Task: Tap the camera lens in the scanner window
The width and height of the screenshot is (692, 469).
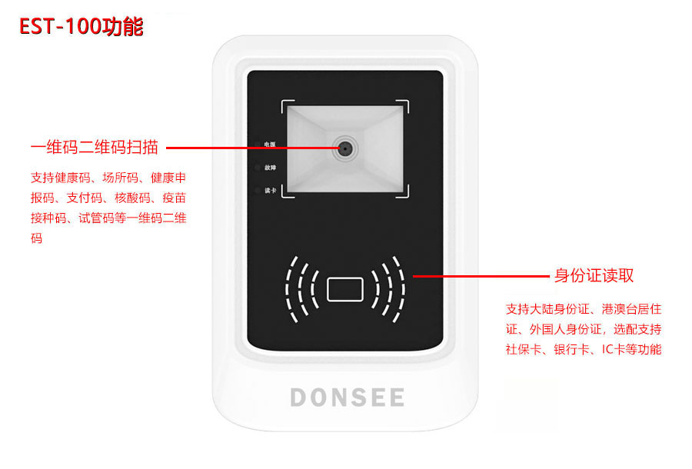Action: tap(344, 148)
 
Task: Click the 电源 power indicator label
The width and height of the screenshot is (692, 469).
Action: tap(269, 144)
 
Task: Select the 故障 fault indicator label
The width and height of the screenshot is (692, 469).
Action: tap(269, 167)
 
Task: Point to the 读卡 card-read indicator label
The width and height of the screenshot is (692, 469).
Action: tap(269, 191)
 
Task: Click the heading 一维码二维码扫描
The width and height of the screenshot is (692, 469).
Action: tap(94, 147)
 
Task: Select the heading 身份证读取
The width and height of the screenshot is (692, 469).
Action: tap(594, 275)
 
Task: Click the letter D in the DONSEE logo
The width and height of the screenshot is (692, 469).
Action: tap(299, 397)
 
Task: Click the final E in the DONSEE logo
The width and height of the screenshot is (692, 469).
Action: tap(395, 397)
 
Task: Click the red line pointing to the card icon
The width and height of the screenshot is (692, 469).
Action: tap(481, 274)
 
